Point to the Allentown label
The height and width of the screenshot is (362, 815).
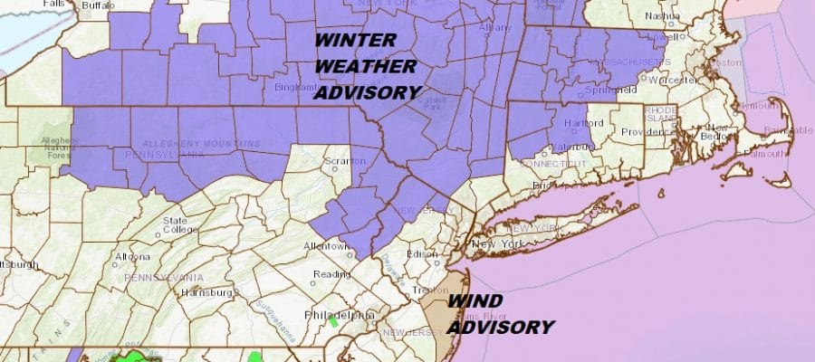(x=326, y=246)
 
